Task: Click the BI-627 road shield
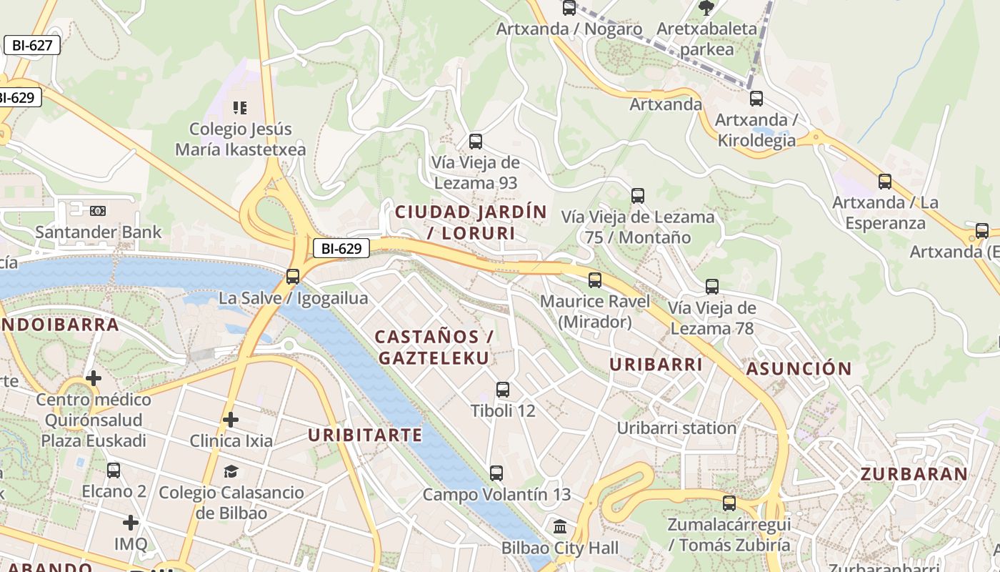click(32, 45)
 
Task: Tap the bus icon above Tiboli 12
click(503, 390)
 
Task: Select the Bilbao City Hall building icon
click(560, 527)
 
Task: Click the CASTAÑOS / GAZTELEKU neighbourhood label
click(434, 347)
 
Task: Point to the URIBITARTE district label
click(365, 435)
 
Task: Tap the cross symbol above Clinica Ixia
click(230, 420)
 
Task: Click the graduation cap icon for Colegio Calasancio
click(231, 472)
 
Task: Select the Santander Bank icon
click(98, 211)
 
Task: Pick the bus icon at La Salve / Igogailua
click(292, 277)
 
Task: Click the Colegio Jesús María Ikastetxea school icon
click(240, 108)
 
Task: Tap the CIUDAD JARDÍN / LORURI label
click(471, 222)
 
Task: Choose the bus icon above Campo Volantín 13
click(496, 473)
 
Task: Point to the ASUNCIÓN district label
click(799, 369)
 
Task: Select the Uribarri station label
click(676, 428)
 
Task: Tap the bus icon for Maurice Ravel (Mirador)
click(595, 280)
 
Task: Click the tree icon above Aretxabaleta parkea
click(706, 9)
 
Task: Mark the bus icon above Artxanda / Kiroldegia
click(756, 99)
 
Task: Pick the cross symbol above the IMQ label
click(130, 523)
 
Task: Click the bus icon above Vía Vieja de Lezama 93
click(475, 142)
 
